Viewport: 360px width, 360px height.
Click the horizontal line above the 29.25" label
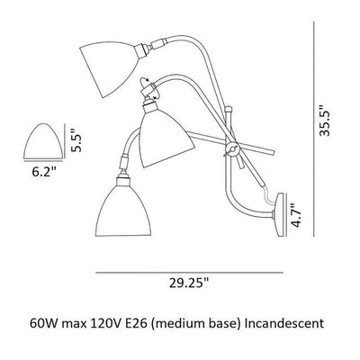coord(187,271)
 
